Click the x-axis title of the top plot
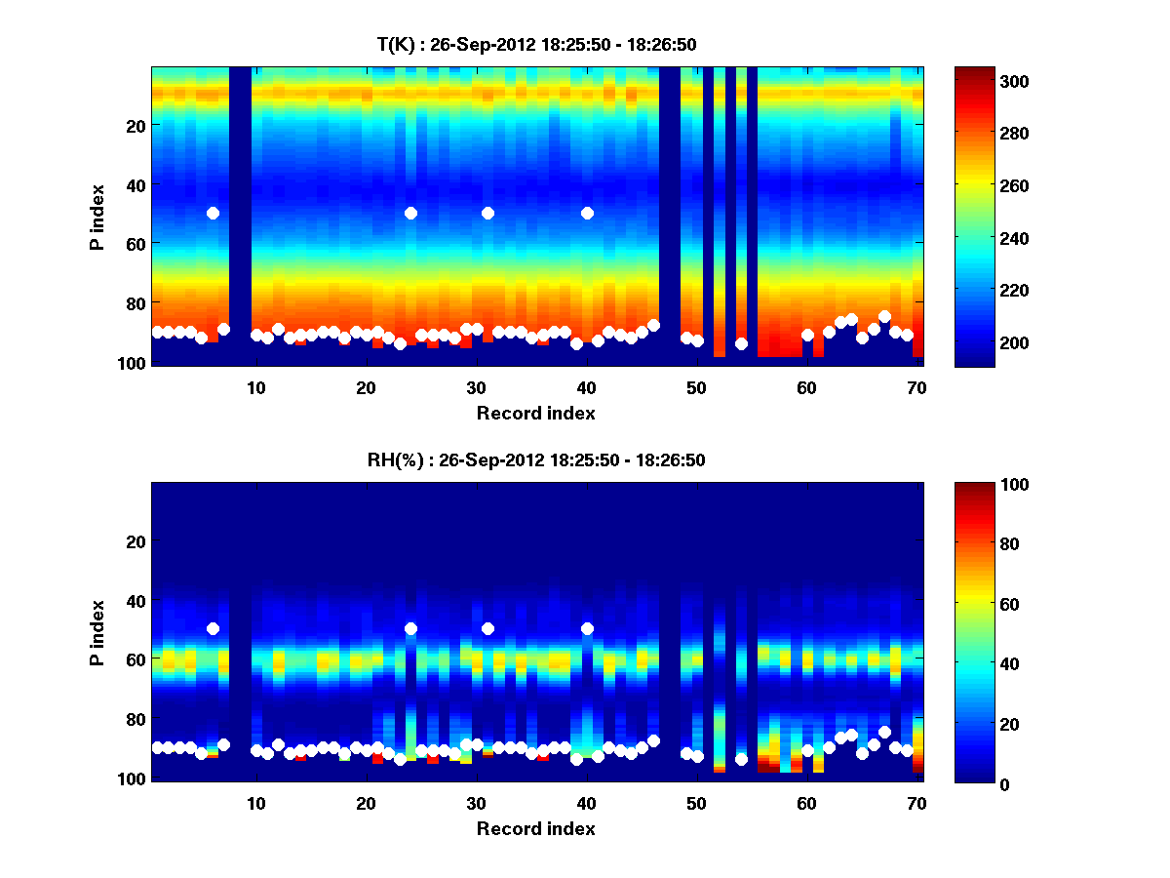(x=535, y=413)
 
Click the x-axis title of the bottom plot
(x=535, y=828)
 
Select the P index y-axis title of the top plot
(x=97, y=217)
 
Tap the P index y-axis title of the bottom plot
(x=97, y=632)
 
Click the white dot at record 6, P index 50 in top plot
(x=213, y=213)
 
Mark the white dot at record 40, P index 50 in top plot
(x=587, y=213)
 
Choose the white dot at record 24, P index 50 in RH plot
(x=410, y=628)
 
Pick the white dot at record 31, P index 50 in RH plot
(x=487, y=628)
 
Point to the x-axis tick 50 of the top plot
(x=696, y=387)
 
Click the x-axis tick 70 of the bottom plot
(x=916, y=803)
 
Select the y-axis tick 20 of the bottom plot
(x=136, y=541)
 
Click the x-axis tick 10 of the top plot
(x=255, y=387)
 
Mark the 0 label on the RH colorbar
(x=973, y=783)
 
